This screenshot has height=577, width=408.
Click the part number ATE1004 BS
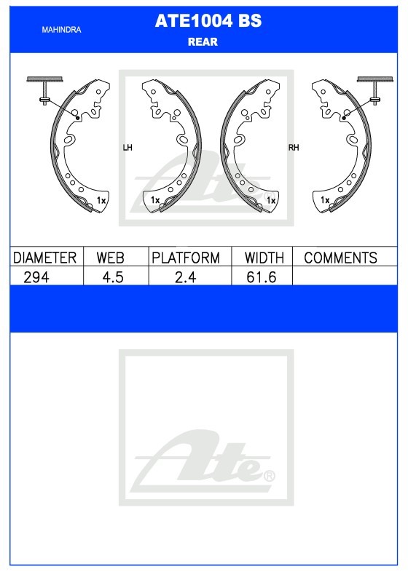click(208, 20)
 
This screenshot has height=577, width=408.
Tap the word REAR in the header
click(203, 42)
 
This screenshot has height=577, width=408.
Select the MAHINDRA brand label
click(61, 30)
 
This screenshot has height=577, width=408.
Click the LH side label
click(127, 148)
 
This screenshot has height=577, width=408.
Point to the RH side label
click(294, 148)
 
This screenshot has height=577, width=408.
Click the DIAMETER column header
click(44, 258)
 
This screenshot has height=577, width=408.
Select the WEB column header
click(110, 258)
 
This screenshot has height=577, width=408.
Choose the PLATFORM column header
click(186, 258)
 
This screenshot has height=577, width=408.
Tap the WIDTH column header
click(264, 258)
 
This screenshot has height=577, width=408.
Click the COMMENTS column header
click(340, 258)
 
